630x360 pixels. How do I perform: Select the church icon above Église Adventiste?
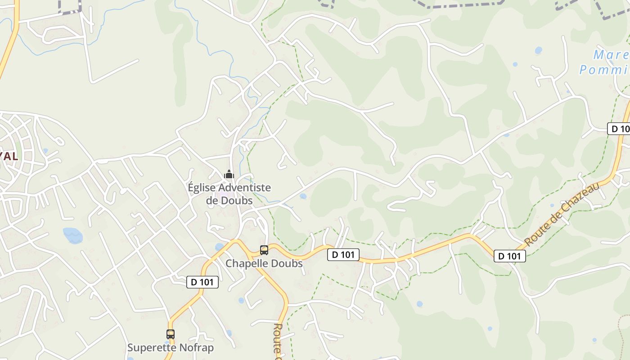[x=229, y=174]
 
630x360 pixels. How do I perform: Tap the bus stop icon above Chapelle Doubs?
[x=264, y=250]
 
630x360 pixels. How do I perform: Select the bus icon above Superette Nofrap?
[x=171, y=334]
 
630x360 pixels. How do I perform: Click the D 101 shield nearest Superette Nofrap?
[x=202, y=282]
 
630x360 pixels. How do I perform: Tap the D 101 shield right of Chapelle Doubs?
[x=343, y=255]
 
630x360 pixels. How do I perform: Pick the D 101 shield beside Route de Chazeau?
[x=510, y=256]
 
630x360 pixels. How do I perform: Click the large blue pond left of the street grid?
[x=73, y=234]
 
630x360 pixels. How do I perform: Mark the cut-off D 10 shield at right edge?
[x=619, y=129]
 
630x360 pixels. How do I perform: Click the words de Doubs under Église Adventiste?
[x=229, y=201]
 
